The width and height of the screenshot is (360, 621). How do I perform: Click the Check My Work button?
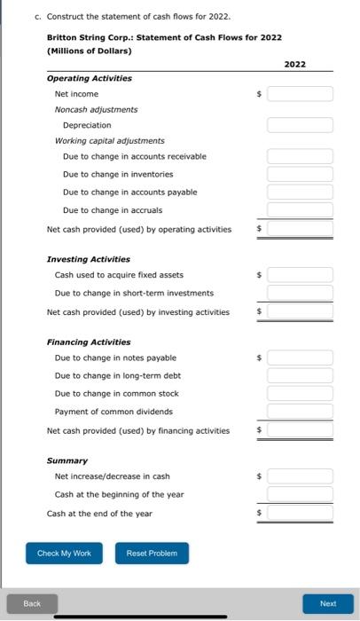click(64, 553)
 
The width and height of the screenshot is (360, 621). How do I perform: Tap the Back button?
click(32, 603)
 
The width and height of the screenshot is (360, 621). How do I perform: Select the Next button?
click(327, 603)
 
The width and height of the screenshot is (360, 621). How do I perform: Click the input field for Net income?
click(300, 94)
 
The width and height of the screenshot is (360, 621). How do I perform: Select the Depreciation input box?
click(300, 125)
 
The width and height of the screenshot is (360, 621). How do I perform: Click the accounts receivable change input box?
click(300, 156)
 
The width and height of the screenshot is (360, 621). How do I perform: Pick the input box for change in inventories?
click(300, 174)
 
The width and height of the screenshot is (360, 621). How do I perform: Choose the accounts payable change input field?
click(300, 192)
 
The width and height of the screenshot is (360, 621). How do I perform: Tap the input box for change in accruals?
click(300, 210)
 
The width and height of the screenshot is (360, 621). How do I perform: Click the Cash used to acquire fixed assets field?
click(300, 275)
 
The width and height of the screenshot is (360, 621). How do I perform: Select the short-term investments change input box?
click(300, 293)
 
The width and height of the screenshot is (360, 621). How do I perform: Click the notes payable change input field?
click(300, 358)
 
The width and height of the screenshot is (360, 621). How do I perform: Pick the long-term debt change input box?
click(300, 375)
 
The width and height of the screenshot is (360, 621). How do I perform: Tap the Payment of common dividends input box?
click(300, 412)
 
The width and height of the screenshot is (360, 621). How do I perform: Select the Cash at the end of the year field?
click(300, 513)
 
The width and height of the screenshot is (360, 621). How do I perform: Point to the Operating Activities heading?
click(89, 78)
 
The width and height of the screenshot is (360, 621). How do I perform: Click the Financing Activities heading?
click(88, 342)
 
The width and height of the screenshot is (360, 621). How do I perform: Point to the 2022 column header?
click(295, 65)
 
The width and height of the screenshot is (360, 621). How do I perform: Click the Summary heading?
click(67, 460)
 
